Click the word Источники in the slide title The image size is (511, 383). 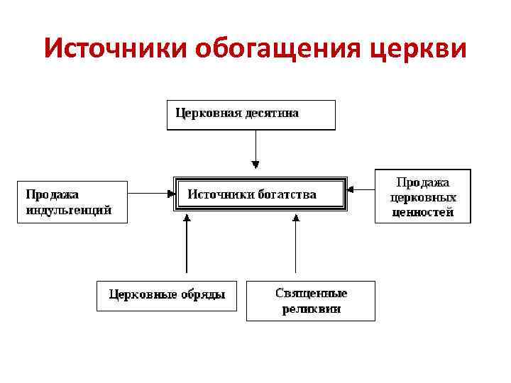114,49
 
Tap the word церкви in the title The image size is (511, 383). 419,49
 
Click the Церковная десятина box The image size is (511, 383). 251,115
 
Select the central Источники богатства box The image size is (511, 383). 260,193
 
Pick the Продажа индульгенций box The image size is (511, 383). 72,202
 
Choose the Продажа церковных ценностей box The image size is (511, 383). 422,196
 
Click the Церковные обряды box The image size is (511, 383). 166,295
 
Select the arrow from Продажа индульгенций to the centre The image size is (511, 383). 151,193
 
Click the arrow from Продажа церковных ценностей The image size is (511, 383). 361,189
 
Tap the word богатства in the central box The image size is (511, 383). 284,194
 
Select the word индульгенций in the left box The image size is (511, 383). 69,210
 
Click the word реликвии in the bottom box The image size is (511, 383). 311,309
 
